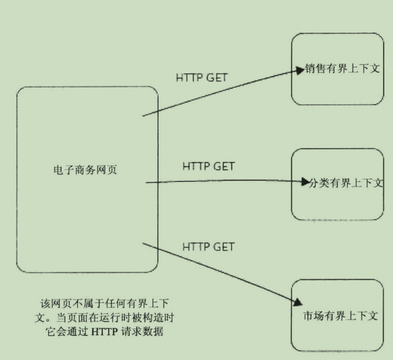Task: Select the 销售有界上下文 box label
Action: (342, 69)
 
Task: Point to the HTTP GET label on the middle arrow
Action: (208, 166)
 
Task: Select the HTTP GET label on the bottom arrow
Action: (208, 247)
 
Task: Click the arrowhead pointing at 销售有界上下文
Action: (301, 72)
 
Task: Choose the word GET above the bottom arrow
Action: (223, 247)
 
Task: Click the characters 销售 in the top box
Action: (315, 69)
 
